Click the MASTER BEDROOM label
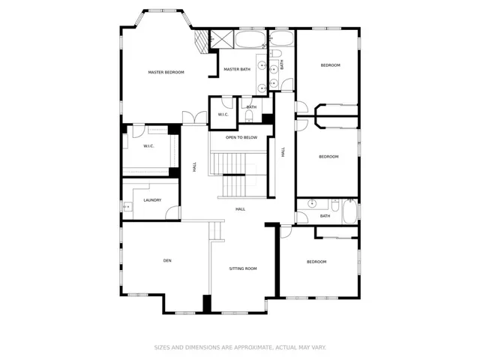[x=166, y=73]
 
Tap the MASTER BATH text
[x=237, y=70]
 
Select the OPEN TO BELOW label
[x=241, y=137]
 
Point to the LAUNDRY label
[x=152, y=200]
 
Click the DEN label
[x=167, y=260]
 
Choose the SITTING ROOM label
[x=243, y=268]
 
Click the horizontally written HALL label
[x=240, y=209]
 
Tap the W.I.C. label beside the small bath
[x=223, y=115]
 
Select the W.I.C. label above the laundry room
[x=148, y=146]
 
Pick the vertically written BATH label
[x=282, y=64]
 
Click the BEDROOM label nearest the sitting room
[x=316, y=262]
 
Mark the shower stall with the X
[x=222, y=39]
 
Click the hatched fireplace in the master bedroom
[x=201, y=42]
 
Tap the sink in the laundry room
[x=127, y=207]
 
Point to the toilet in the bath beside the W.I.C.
[x=249, y=116]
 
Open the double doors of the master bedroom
[x=195, y=118]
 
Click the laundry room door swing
[x=172, y=212]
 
